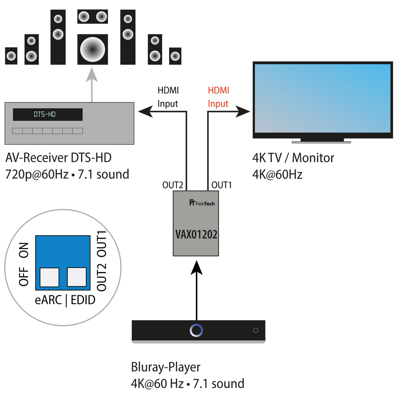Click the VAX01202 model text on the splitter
click(196, 234)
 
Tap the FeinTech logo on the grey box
click(202, 203)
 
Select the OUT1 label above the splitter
click(221, 185)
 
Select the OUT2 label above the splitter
click(173, 185)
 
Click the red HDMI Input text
click(218, 97)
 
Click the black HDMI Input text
click(168, 97)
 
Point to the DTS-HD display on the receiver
click(47, 114)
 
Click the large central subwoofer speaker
click(93, 49)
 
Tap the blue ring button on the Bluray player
click(196, 330)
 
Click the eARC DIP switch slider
click(49, 277)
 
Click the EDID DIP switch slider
click(77, 277)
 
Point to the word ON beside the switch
click(24, 250)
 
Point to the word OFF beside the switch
click(24, 277)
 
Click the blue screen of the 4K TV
click(322, 98)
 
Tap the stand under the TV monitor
click(321, 141)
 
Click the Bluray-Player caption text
click(165, 367)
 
